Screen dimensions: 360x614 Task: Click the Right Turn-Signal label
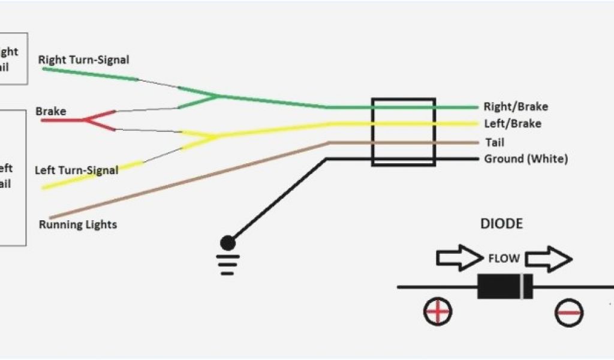83,59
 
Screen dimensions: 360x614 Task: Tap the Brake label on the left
51,111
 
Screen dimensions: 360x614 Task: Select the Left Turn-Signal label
76,170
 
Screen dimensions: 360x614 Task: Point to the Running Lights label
78,225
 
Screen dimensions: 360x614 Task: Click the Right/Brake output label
516,107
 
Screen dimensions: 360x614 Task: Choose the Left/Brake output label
513,124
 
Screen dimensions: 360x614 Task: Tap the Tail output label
495,142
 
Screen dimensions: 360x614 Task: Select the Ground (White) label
526,159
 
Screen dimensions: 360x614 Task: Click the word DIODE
501,224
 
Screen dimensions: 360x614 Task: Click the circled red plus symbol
438,311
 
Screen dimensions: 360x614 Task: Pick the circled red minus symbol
568,312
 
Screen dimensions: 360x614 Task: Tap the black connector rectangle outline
404,132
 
